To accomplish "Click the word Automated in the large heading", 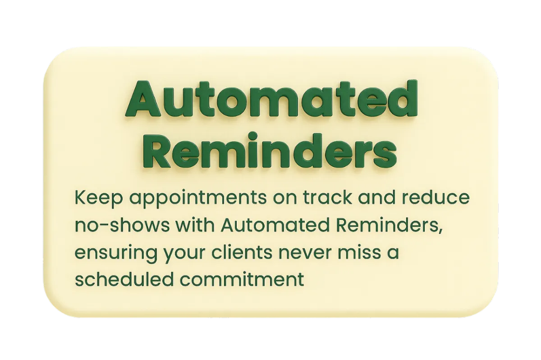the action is click(x=271, y=99).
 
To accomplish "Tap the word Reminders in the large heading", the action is click(x=270, y=150).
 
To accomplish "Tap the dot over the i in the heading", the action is click(x=252, y=136).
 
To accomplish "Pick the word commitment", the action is click(x=242, y=280).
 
